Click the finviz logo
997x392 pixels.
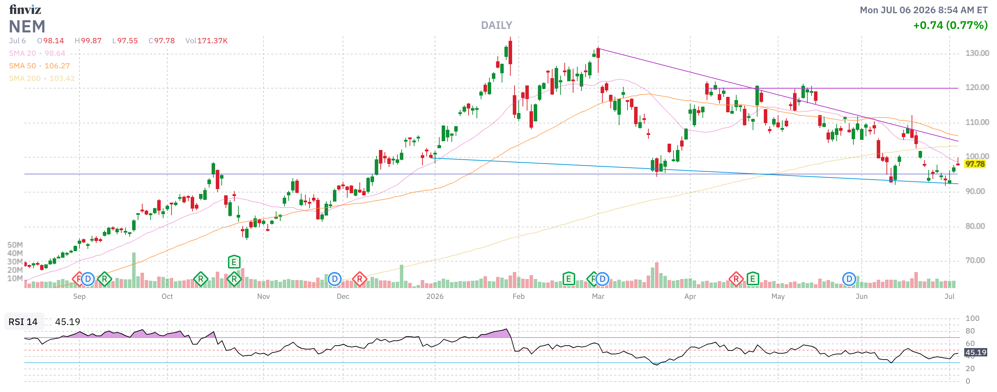(x=25, y=9)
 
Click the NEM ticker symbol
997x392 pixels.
(x=27, y=27)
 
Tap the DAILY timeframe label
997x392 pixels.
(x=496, y=25)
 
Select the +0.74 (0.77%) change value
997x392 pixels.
(x=950, y=25)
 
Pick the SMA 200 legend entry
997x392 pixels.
(x=42, y=78)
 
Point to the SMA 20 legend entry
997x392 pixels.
(x=37, y=53)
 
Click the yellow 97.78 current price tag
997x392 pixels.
(x=975, y=164)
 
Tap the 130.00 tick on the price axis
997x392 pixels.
(x=977, y=53)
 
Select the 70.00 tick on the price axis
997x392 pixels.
(x=975, y=260)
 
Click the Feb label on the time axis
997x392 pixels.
(x=519, y=296)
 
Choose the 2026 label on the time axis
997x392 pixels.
(x=435, y=296)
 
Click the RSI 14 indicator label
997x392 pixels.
(x=23, y=322)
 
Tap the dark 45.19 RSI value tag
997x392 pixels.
(x=975, y=353)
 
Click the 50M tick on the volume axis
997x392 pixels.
(x=15, y=245)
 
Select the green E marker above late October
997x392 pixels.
(x=234, y=262)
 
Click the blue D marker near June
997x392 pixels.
(x=849, y=279)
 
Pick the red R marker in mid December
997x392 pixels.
(x=359, y=279)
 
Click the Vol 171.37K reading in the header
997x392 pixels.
(x=206, y=41)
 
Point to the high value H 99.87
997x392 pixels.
(x=88, y=41)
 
